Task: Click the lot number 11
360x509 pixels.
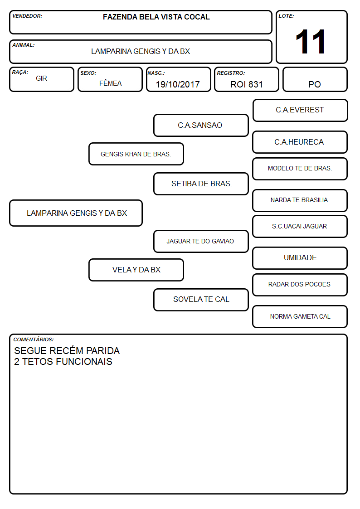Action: pos(310,42)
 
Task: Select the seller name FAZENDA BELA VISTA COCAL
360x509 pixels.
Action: pos(156,17)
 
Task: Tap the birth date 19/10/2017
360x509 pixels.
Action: pos(178,84)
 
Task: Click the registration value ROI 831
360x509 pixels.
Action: pos(246,84)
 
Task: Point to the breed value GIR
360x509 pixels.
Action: pos(41,78)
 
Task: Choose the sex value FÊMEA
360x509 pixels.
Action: pos(110,83)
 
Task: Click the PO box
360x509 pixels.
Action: pos(315,79)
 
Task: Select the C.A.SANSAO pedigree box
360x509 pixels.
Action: pos(201,125)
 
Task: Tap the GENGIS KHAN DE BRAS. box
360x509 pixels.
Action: pos(136,154)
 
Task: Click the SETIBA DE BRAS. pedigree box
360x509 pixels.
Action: pos(201,184)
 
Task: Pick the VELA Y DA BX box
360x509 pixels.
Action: pos(136,270)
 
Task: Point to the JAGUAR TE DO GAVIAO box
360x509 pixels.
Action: pos(201,241)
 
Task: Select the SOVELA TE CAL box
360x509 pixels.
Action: pos(201,300)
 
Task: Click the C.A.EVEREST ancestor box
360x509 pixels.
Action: pos(300,111)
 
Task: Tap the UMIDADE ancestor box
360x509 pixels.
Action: pos(300,258)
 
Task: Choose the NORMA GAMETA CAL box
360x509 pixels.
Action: pos(300,316)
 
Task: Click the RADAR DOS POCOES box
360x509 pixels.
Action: pos(300,285)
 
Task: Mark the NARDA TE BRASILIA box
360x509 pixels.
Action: pos(300,200)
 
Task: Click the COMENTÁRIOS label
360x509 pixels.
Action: pos(34,339)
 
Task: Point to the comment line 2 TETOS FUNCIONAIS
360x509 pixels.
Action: pos(63,362)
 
